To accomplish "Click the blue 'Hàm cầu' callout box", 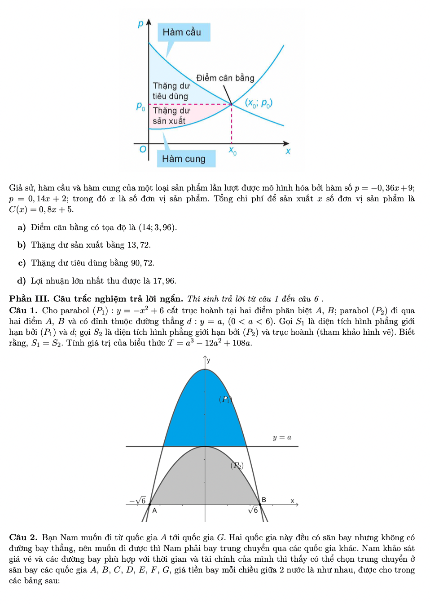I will [x=184, y=32].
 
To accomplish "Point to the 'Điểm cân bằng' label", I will [x=225, y=78].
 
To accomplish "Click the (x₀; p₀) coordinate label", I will [x=259, y=103].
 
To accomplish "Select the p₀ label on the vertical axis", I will [x=140, y=106].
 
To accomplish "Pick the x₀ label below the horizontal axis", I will [x=233, y=151].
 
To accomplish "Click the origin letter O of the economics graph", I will [x=143, y=149].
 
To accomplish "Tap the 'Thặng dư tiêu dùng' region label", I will [x=171, y=91].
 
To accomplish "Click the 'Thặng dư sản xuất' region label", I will [x=171, y=115].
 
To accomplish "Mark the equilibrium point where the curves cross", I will [x=232, y=104].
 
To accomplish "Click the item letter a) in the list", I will [x=22, y=227].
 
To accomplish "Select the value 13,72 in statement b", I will [x=138, y=245].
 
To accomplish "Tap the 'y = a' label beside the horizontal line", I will [x=282, y=437].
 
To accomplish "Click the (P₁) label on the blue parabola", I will [x=225, y=399].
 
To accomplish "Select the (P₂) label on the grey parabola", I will [x=237, y=466].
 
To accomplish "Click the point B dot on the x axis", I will [x=260, y=504].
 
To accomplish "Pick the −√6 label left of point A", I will [x=137, y=501].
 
